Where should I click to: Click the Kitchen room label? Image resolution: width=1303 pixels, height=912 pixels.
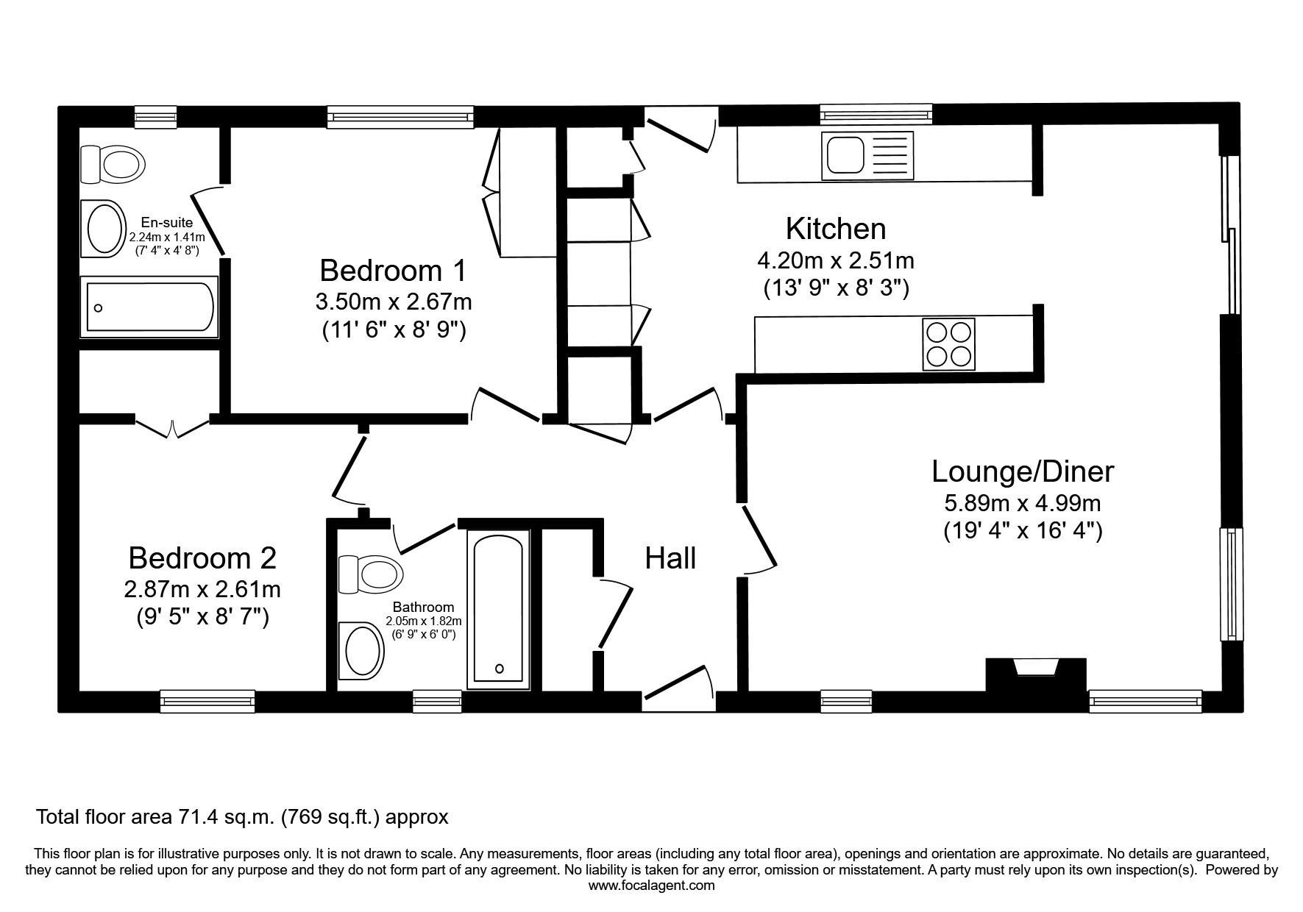click(836, 229)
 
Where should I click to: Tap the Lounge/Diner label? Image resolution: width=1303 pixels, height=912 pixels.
click(1023, 471)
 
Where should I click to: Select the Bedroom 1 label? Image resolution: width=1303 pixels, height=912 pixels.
click(393, 271)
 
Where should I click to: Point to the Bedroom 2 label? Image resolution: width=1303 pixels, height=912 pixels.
click(202, 558)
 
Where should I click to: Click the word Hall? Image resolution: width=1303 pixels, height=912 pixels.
click(670, 558)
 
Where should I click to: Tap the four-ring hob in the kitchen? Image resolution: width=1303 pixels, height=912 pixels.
click(949, 344)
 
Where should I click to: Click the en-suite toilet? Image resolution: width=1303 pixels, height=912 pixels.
click(111, 163)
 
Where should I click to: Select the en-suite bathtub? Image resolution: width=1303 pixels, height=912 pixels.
click(149, 307)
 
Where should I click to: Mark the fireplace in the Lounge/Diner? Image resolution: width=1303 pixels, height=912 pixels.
click(1036, 674)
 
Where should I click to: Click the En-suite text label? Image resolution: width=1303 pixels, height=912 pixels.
click(167, 223)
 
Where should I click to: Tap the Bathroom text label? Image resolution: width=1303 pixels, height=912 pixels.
click(423, 608)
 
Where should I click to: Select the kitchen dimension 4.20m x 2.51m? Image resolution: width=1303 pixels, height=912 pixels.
click(836, 260)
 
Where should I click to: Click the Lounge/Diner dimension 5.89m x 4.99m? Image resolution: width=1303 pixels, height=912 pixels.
click(1023, 504)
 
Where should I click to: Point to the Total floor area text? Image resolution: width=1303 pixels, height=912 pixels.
click(242, 816)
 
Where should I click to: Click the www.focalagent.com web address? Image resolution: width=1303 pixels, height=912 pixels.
click(652, 886)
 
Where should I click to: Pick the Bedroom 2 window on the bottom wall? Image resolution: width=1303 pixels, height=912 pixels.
click(207, 702)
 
